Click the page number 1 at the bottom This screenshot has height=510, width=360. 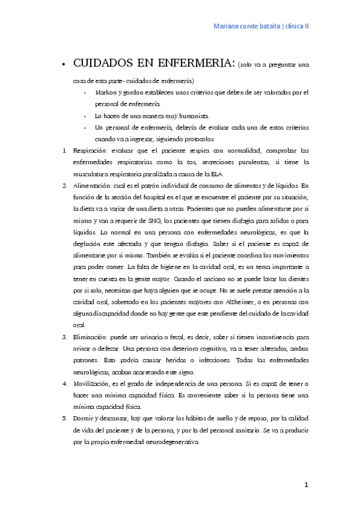pos(306,484)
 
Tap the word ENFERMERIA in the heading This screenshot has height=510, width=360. pos(194,64)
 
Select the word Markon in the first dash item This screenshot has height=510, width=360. pos(106,93)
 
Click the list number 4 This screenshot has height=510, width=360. pos(65,383)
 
